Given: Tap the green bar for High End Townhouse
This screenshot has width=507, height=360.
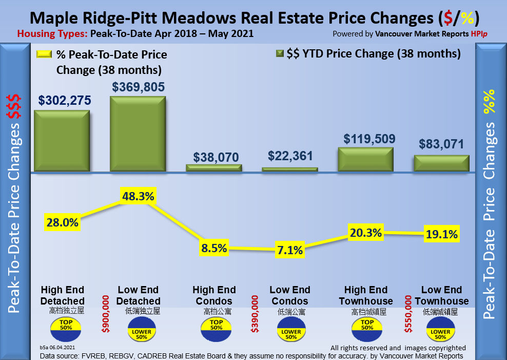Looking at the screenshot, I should click(x=366, y=159).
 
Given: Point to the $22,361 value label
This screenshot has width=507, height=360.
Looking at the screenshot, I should click(x=290, y=156).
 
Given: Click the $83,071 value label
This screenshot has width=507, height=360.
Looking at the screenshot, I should click(x=442, y=144).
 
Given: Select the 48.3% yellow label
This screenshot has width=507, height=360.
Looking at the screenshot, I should click(x=138, y=196).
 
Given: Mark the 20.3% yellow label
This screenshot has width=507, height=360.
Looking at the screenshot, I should click(x=365, y=232).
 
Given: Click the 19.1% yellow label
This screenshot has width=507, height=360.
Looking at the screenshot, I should click(x=442, y=234).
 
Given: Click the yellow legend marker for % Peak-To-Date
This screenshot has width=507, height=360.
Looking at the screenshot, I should click(x=44, y=54).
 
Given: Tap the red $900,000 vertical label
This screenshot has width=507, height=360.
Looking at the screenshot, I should click(x=106, y=313).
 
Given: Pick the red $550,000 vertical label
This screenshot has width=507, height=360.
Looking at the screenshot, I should click(x=409, y=313).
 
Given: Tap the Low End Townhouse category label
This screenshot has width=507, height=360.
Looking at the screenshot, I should click(x=441, y=295).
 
